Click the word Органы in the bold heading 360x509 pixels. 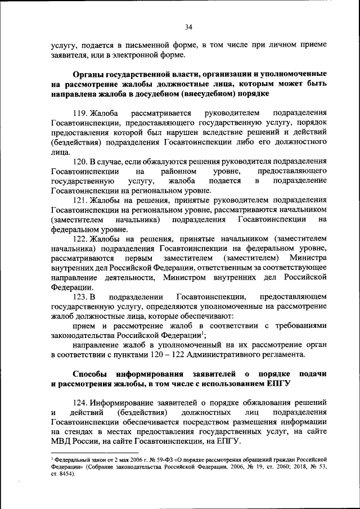(88, 74)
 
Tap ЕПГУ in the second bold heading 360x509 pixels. (277, 385)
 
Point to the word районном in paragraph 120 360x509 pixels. (179, 171)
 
